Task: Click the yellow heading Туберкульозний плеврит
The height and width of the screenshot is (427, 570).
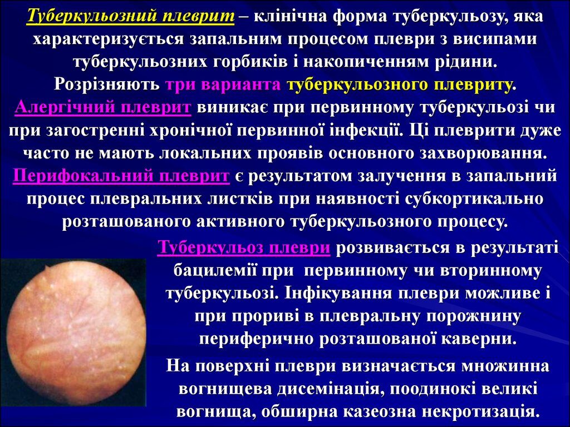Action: click(x=130, y=17)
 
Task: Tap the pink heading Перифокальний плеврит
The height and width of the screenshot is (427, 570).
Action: click(x=121, y=176)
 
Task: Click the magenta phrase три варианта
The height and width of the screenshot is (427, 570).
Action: click(x=223, y=85)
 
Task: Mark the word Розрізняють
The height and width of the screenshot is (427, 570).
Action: click(x=107, y=85)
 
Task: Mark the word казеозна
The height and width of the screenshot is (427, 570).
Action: click(x=377, y=412)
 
